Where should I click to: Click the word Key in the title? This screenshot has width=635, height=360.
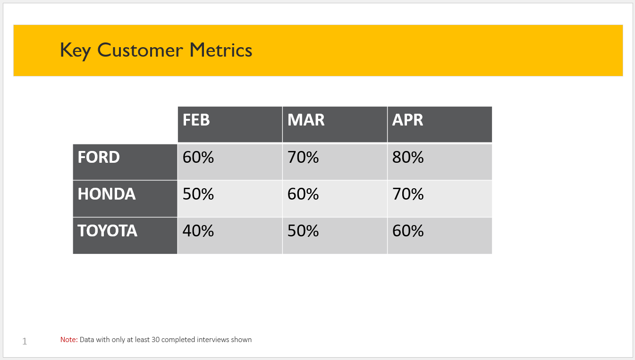point(76,50)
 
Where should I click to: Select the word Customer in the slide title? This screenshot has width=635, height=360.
point(140,50)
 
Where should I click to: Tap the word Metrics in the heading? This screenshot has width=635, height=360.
point(221,50)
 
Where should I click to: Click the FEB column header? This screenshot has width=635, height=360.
point(230,125)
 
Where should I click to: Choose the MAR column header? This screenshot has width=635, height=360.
point(335,125)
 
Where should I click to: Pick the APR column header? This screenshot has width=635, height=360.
point(440,125)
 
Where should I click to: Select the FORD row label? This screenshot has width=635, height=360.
point(125,162)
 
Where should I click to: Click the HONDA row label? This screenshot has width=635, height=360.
point(125,199)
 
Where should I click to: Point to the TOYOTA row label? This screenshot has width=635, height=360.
point(125,235)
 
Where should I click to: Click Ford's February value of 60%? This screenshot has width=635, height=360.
point(230,162)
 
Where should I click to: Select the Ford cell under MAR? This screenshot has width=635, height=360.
point(335,162)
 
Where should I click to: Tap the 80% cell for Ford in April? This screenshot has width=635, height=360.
point(440,162)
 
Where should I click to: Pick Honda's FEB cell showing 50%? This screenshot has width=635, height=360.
point(230,199)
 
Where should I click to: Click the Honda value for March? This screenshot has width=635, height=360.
point(335,199)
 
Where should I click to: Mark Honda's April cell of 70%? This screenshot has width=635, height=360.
point(440,199)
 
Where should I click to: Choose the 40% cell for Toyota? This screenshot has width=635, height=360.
point(230,235)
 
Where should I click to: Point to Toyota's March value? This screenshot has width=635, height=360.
point(335,235)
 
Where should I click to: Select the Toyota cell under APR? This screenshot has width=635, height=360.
point(440,235)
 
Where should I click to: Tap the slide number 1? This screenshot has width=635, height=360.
point(25,341)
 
